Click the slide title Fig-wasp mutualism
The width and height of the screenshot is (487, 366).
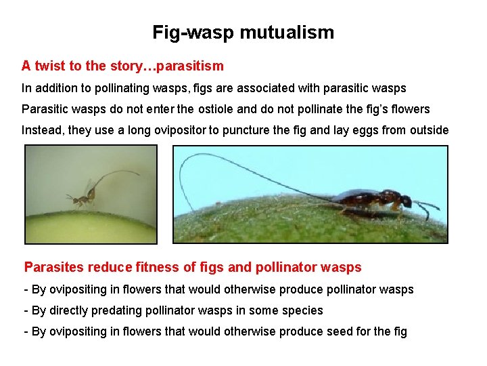[243, 32]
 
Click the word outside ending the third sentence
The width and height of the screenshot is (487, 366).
[429, 130]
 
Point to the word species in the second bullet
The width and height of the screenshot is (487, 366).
[304, 310]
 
